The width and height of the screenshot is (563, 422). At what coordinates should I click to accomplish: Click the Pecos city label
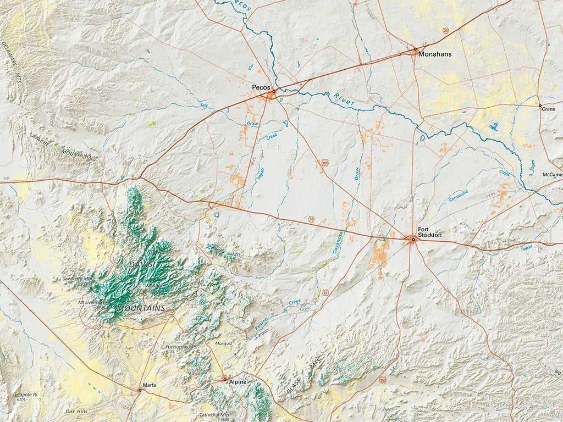click(261, 87)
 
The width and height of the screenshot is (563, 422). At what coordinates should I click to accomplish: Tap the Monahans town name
click(434, 54)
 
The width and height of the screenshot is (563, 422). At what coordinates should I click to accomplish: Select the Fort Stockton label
click(429, 232)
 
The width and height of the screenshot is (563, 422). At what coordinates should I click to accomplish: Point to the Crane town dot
click(540, 105)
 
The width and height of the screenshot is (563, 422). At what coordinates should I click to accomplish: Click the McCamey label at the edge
click(552, 175)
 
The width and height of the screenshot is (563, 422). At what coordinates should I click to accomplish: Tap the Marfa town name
click(148, 385)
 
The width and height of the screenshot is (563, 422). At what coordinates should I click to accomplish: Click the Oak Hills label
click(76, 411)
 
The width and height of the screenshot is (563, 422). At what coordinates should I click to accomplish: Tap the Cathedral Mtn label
click(214, 415)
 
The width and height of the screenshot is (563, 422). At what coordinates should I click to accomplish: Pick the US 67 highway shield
click(325, 292)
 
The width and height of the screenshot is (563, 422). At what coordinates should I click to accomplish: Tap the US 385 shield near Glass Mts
click(383, 380)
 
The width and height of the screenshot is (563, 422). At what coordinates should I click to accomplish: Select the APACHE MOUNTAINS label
click(60, 147)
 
